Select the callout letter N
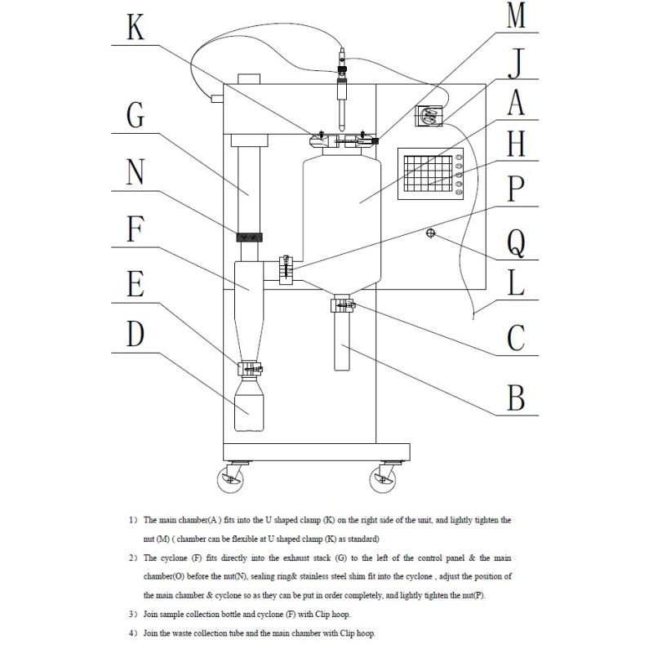point(135,172)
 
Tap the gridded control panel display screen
point(428,173)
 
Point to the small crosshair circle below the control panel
point(430,233)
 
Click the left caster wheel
point(229,478)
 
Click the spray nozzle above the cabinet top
point(342,82)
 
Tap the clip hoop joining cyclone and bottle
point(251,370)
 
